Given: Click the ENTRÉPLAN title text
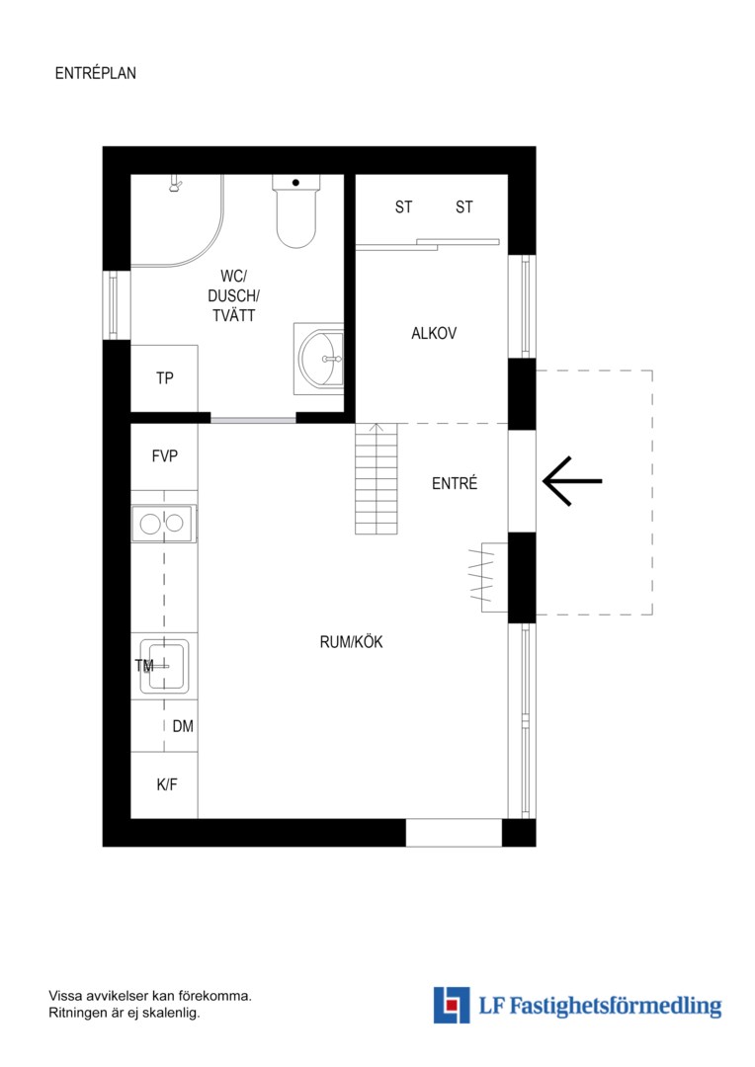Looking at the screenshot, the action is click(x=95, y=73).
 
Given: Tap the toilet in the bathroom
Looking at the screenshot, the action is click(x=296, y=211).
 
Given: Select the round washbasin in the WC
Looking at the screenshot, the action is click(x=320, y=359).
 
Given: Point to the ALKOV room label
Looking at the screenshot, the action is click(x=434, y=334).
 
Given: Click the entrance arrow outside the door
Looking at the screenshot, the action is click(x=572, y=481).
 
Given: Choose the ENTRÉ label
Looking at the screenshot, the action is click(x=455, y=483).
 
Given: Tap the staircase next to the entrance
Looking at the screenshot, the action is click(x=376, y=478).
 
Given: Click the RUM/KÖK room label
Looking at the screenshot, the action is click(x=351, y=642).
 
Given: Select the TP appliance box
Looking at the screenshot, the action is click(x=164, y=378).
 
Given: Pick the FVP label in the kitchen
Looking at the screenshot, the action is click(x=165, y=455).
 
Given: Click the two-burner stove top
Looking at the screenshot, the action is click(x=163, y=524).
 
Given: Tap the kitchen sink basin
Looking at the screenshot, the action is click(x=165, y=666).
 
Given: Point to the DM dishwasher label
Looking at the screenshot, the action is click(x=183, y=726).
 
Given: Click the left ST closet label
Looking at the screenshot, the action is click(x=404, y=206).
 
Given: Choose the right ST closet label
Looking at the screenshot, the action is click(x=464, y=206).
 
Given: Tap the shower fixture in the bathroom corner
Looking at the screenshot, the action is click(x=176, y=183).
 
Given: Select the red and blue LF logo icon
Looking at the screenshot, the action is click(x=452, y=1005).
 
